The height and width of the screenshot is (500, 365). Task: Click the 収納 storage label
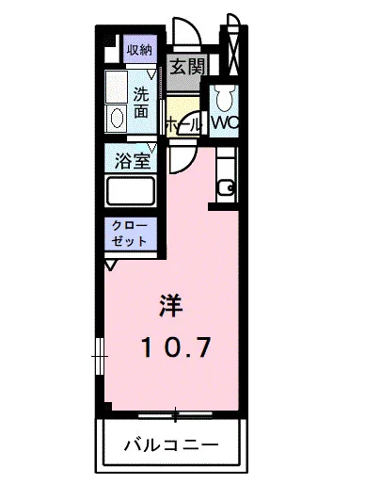tap(139, 49)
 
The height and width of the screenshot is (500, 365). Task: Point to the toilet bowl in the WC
tap(222, 99)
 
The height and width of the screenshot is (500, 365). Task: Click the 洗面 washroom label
tap(140, 102)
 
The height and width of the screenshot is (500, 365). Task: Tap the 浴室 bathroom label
tap(132, 160)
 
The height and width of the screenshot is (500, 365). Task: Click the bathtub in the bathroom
tap(131, 192)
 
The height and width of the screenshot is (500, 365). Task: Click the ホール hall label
tap(182, 124)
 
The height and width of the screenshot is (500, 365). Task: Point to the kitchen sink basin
tap(226, 186)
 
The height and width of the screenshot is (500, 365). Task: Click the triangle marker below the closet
tap(111, 266)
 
